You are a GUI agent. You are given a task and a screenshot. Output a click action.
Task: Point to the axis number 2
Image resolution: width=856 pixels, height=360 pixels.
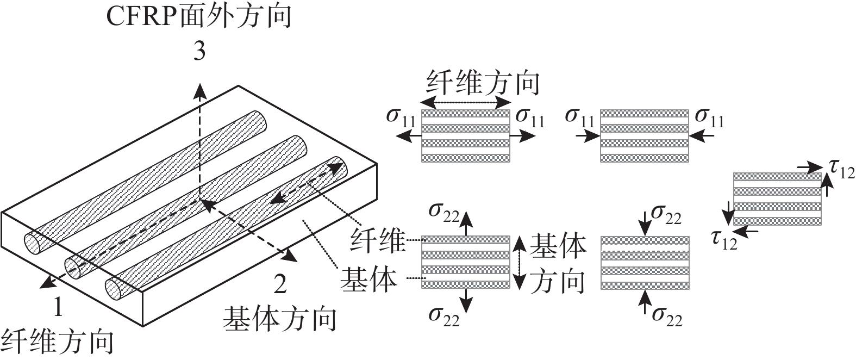click(x=279, y=284)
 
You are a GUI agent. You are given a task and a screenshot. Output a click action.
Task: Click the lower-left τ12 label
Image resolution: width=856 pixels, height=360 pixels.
click(x=724, y=239)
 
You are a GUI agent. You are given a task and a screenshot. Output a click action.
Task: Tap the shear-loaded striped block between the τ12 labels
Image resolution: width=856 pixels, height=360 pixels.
click(x=777, y=198)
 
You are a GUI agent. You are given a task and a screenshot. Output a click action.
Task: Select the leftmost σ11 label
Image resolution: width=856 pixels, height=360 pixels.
click(x=401, y=116)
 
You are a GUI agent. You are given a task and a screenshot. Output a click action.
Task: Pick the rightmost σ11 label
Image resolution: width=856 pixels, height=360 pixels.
click(x=710, y=117)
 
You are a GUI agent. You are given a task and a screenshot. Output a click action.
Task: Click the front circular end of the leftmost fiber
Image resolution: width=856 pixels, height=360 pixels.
click(x=32, y=243)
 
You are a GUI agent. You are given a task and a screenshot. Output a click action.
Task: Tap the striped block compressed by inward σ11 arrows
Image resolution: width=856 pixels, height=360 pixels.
click(x=645, y=135)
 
